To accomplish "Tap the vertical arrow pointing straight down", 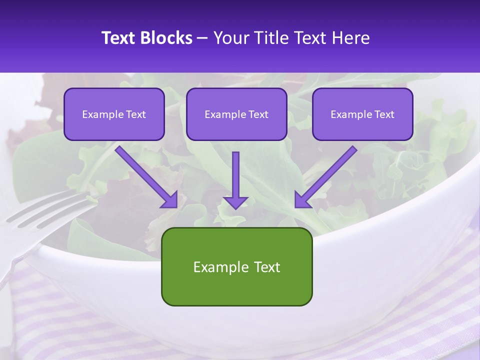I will click(235, 175).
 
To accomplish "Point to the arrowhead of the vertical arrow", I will click(235, 202).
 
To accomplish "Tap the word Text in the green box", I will click(268, 267).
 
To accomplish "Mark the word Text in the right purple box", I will click(384, 114).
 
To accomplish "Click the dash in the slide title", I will click(202, 38).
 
